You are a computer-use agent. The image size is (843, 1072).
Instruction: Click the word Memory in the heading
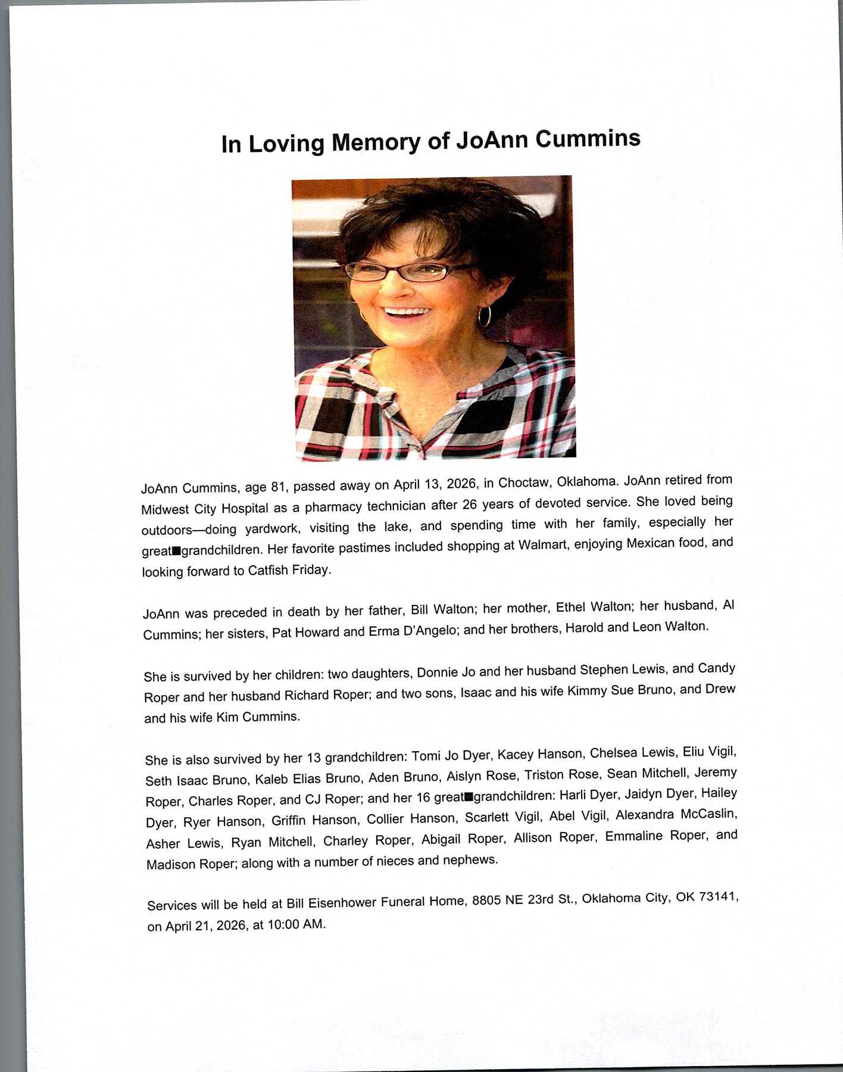click(375, 142)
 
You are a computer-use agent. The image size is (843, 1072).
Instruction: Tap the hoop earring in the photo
click(485, 315)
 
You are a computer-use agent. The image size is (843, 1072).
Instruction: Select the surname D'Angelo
click(426, 630)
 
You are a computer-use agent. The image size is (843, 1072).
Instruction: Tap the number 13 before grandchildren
click(314, 758)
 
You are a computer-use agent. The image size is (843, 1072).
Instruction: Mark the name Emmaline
click(633, 836)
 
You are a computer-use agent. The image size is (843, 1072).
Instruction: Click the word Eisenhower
click(342, 903)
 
